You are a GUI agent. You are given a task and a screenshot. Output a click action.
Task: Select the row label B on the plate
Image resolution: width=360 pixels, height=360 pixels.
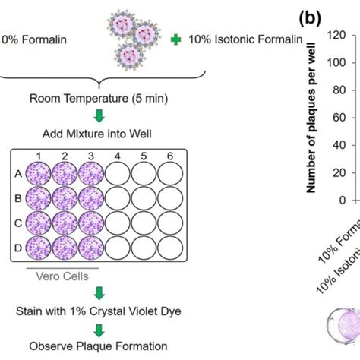coord(18,198)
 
